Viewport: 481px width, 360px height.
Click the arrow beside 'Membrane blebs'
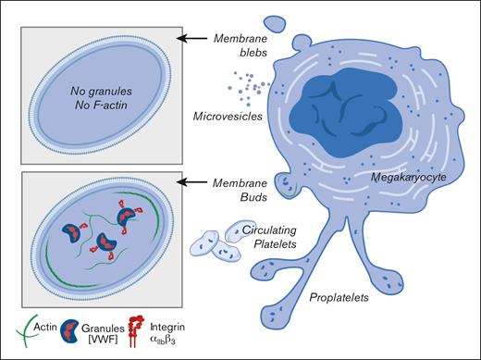tap(196, 38)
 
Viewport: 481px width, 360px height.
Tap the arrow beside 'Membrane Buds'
tap(196, 184)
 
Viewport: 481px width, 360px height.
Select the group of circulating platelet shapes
tap(212, 242)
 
